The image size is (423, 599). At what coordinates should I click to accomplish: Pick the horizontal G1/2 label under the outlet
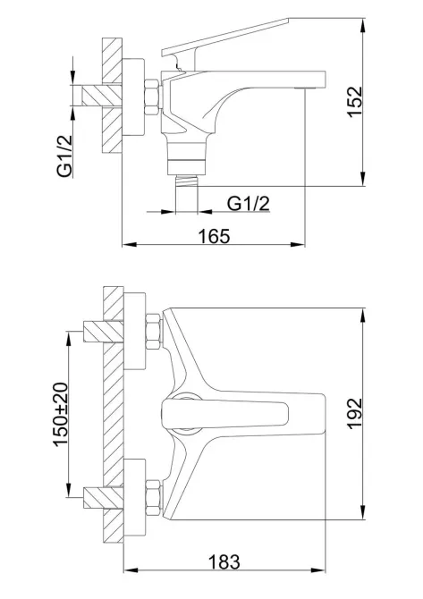(249, 205)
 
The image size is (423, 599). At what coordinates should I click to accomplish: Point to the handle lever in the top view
(224, 413)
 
